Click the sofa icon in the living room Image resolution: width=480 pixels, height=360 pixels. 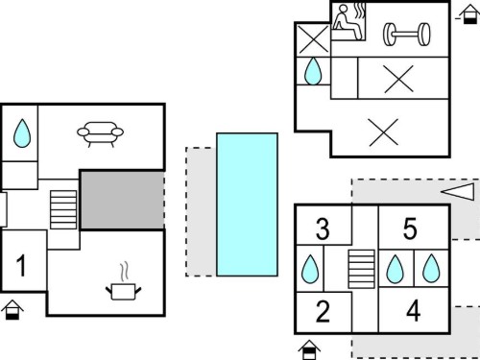[100, 134]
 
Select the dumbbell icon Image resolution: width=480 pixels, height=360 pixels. [406, 35]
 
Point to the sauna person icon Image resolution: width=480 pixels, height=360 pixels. [348, 22]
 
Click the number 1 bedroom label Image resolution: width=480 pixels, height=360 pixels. [21, 265]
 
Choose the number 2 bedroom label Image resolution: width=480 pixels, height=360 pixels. [323, 311]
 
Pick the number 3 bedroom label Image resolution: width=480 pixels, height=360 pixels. [323, 228]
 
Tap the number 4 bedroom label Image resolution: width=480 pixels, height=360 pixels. [413, 311]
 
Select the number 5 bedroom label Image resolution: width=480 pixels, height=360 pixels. [410, 228]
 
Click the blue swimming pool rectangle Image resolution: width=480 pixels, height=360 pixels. [247, 204]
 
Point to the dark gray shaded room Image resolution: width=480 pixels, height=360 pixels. [122, 201]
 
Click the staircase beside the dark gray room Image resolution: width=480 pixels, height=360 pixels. [63, 209]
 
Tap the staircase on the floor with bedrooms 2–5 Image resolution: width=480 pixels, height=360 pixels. [361, 269]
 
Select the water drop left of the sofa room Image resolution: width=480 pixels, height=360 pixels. [22, 133]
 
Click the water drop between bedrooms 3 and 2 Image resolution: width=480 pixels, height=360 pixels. [310, 269]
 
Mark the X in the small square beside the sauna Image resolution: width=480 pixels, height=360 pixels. [313, 39]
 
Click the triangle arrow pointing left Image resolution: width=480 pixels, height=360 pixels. [458, 191]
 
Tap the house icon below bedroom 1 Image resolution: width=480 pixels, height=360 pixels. [12, 310]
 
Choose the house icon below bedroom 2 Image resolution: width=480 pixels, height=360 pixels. [309, 350]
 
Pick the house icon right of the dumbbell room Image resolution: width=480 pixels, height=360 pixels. [469, 14]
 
